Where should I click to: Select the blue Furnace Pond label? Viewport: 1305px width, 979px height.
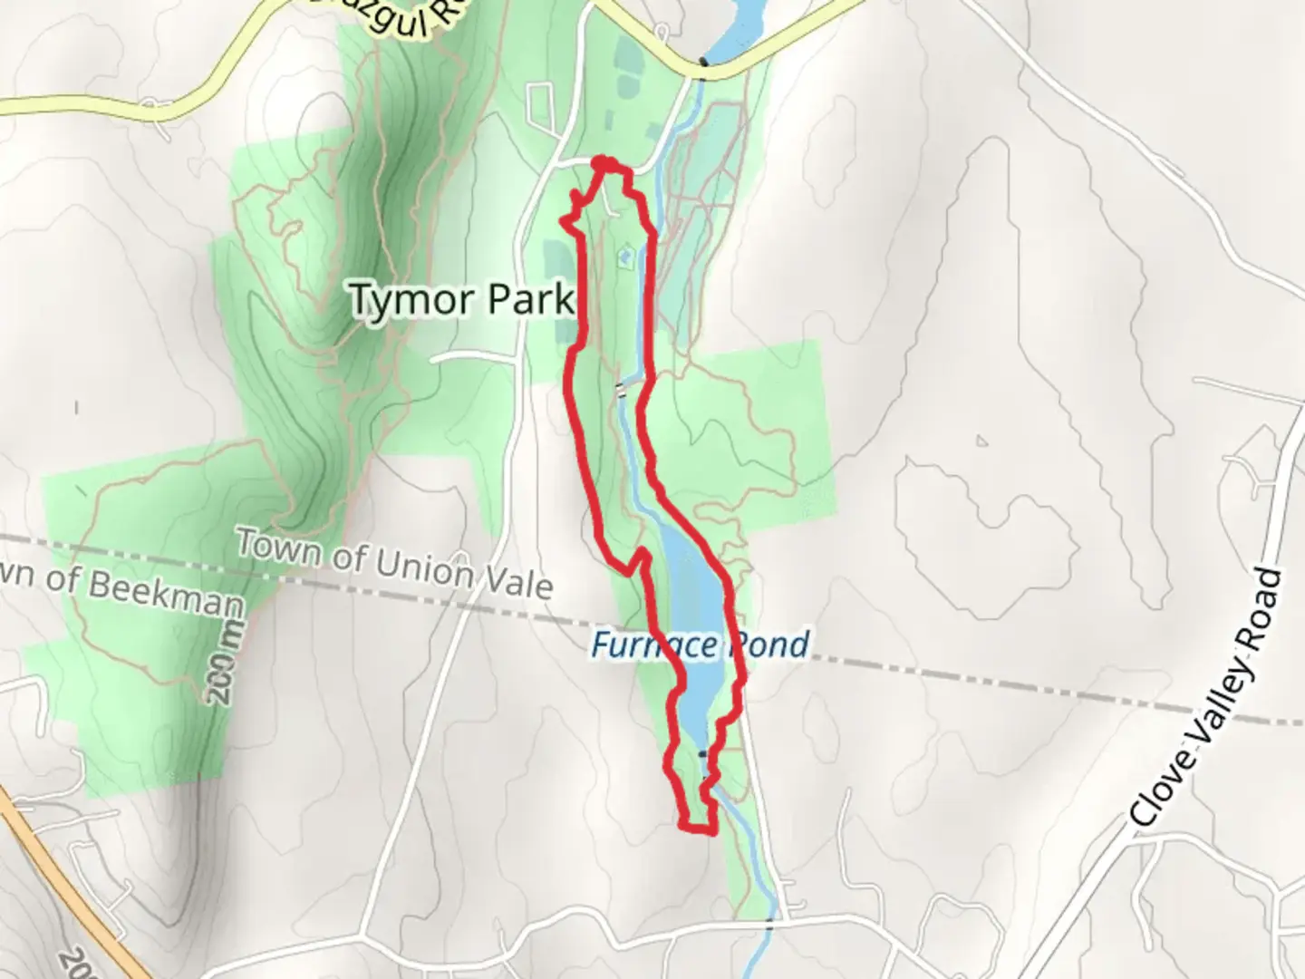[x=700, y=645]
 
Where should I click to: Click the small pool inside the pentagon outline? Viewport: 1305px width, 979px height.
[x=623, y=260]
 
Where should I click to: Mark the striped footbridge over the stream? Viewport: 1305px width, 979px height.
[x=621, y=390]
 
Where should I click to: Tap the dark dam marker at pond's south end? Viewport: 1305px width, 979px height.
[x=701, y=753]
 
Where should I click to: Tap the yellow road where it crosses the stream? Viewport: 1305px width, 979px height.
[x=704, y=63]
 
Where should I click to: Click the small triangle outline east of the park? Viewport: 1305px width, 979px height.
[x=981, y=441]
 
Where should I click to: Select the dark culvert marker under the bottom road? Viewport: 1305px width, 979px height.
[x=769, y=923]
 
